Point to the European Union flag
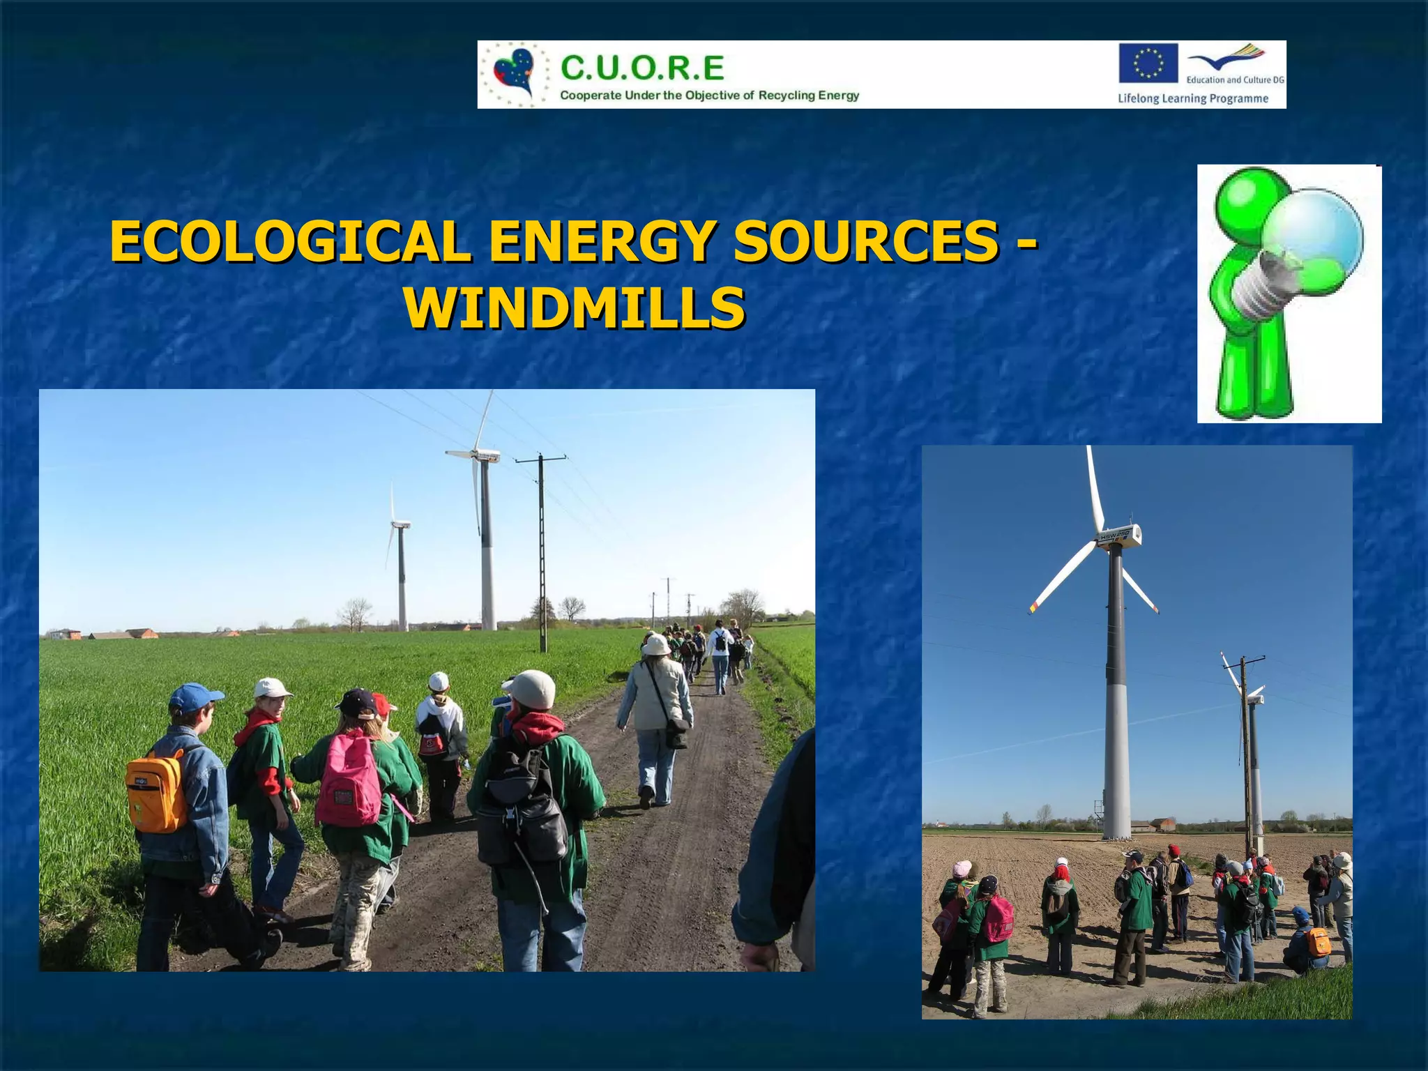tap(1148, 63)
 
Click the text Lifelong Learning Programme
tap(1192, 98)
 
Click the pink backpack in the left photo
tap(349, 781)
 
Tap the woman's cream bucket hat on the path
tap(656, 645)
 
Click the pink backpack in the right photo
tap(998, 919)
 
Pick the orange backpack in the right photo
tap(1317, 942)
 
